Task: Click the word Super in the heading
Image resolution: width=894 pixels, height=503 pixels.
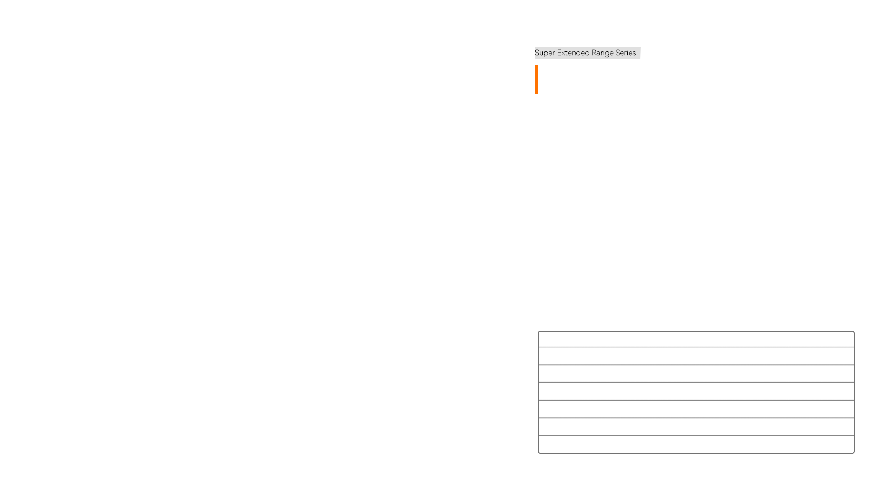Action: [545, 53]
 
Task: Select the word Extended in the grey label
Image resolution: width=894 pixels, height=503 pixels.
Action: [573, 53]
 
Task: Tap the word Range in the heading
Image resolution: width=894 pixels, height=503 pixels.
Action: [603, 53]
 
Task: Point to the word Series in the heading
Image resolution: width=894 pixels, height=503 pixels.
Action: [626, 53]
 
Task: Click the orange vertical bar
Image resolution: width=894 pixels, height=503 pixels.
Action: [536, 79]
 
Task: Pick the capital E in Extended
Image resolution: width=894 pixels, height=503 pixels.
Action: [560, 53]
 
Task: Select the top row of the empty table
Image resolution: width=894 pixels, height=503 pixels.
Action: [696, 339]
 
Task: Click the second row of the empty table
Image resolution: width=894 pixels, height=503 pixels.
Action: [696, 356]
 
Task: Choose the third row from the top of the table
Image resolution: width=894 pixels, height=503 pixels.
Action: [696, 374]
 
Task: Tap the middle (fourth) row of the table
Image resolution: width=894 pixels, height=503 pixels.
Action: [696, 391]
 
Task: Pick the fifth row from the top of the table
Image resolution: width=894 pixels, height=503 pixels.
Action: [696, 409]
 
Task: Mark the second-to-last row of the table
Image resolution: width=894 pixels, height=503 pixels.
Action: [696, 427]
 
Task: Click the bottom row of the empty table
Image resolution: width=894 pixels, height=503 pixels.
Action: [696, 444]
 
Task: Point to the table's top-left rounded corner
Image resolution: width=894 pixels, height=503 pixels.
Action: [539, 332]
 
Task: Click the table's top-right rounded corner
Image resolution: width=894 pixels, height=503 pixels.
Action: [854, 332]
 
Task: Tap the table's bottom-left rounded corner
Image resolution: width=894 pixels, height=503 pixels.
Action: [539, 452]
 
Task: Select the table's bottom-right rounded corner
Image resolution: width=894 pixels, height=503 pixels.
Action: [854, 452]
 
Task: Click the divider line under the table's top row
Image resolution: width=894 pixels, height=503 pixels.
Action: [696, 347]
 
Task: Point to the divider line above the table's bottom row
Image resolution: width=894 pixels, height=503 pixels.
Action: [696, 435]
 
